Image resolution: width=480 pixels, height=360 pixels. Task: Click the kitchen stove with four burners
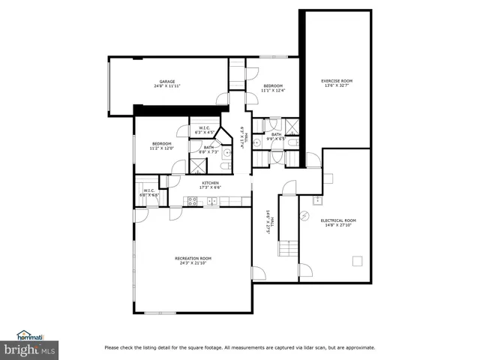pyautogui.click(x=192, y=200)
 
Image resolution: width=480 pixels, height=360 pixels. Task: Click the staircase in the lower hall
pyautogui.click(x=288, y=248)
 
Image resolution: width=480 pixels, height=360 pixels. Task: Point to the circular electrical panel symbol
pyautogui.click(x=304, y=215)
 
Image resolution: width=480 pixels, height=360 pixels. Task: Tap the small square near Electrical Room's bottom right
pyautogui.click(x=358, y=261)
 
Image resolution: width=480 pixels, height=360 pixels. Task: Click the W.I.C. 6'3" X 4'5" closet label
pyautogui.click(x=205, y=130)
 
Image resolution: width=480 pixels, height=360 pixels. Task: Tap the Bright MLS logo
pyautogui.click(x=29, y=350)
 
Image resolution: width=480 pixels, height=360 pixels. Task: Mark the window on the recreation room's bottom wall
pyautogui.click(x=160, y=312)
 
